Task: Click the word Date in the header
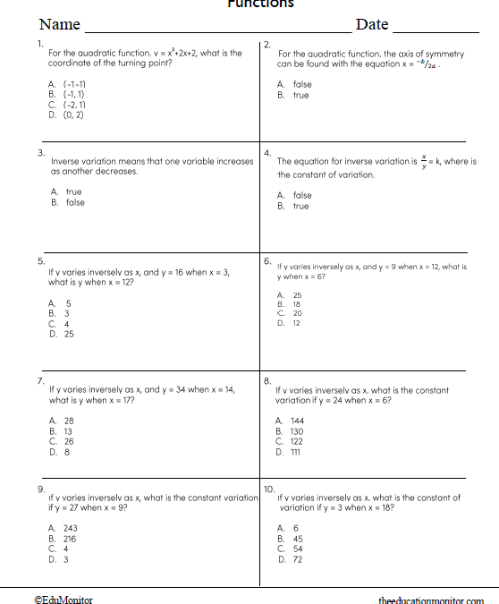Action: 372,24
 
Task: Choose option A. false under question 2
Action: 295,84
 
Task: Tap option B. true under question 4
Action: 294,206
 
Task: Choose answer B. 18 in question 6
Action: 290,304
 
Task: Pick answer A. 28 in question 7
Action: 62,421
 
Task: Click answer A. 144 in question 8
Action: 290,421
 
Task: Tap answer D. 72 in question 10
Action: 290,559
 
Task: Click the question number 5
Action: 41,260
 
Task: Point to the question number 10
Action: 269,489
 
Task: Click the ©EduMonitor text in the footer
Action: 63,600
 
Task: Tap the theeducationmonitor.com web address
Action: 431,601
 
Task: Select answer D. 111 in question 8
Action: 290,452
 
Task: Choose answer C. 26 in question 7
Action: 62,441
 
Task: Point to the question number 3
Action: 41,153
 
